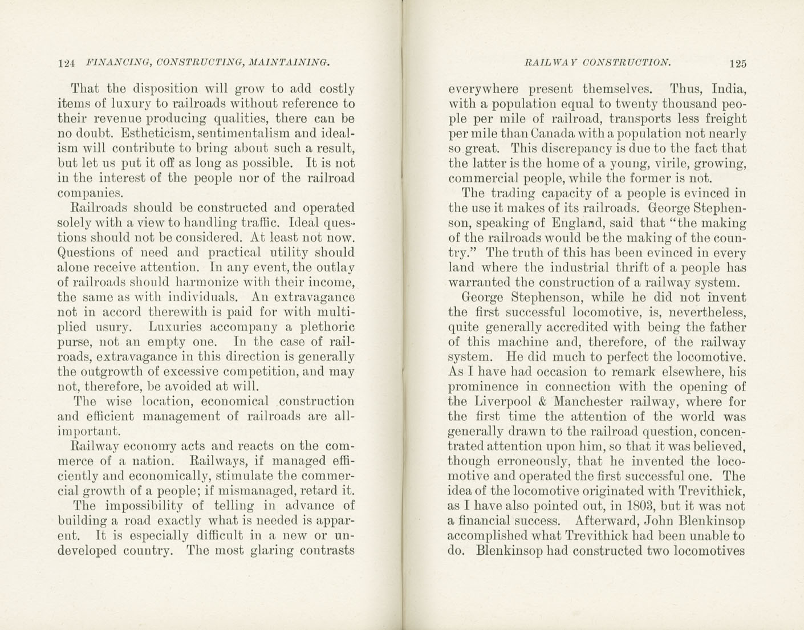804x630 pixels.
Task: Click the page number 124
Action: (67, 63)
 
